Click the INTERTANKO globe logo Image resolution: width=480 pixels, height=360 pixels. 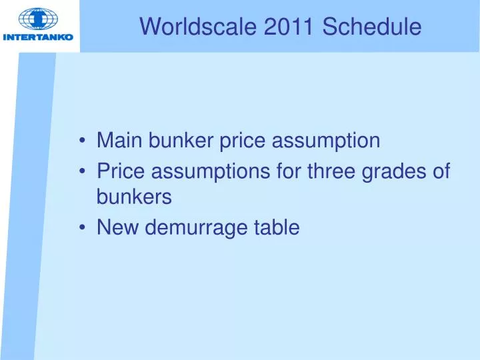[x=38, y=19]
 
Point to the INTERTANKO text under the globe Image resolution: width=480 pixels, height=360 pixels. [x=38, y=37]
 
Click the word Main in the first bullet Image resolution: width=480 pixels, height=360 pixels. [x=120, y=141]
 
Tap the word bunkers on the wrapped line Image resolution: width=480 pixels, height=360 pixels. [x=134, y=197]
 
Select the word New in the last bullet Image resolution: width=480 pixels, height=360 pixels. [x=118, y=227]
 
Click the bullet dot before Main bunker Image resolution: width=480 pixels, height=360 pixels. [x=82, y=141]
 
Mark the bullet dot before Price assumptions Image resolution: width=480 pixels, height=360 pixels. [x=82, y=171]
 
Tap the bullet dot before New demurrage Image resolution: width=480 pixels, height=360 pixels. [x=82, y=228]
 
